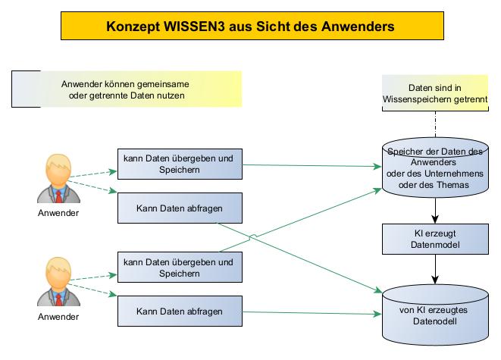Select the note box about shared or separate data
[x=126, y=89]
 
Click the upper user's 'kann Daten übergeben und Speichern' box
[x=179, y=164]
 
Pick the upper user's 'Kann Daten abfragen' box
[x=179, y=208]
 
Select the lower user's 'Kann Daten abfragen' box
[x=179, y=311]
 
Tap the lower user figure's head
[x=58, y=271]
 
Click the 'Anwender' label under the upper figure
[x=58, y=213]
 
